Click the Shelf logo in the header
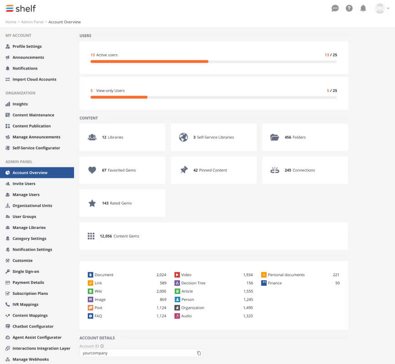tap(20, 9)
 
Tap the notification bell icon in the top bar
tap(363, 9)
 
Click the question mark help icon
tap(349, 9)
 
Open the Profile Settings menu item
tap(27, 46)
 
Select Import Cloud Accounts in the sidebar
tap(34, 79)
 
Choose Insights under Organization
tap(20, 104)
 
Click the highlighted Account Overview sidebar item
tap(37, 172)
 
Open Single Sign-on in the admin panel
tap(26, 272)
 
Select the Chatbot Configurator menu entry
tap(33, 326)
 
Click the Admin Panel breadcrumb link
tap(32, 22)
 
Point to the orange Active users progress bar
tap(150, 61)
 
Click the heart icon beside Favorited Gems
tap(92, 170)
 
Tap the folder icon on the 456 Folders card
tap(275, 137)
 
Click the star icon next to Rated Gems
tap(92, 203)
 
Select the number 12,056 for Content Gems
tap(106, 236)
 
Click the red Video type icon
tap(177, 275)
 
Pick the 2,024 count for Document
tap(161, 275)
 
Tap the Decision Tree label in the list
tap(194, 283)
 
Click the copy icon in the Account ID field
tap(199, 353)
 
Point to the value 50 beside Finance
tap(338, 283)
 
